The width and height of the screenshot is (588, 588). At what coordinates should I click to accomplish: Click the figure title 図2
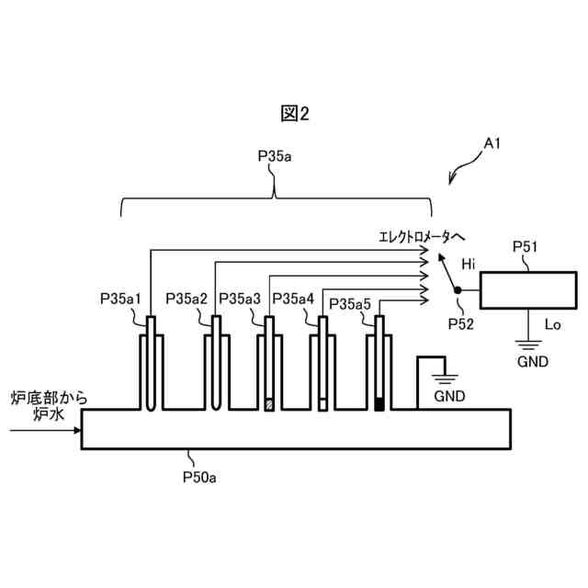tap(295, 113)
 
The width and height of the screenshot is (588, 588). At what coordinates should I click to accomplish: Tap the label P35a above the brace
tap(275, 157)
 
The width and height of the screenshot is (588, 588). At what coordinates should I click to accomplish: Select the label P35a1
tap(120, 299)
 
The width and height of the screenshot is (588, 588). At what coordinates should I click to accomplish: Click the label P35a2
tap(187, 299)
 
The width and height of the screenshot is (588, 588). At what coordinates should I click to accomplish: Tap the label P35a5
tap(349, 304)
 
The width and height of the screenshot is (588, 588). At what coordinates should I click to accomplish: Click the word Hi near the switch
tap(469, 265)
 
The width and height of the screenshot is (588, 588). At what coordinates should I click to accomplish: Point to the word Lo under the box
tap(553, 324)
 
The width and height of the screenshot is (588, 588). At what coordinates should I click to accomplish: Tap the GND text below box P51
tap(532, 362)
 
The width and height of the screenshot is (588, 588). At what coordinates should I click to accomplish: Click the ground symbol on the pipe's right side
tap(446, 377)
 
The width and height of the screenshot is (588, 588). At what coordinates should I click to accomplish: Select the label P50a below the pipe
tap(199, 478)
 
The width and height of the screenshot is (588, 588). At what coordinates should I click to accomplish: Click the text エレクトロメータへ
tap(415, 237)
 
